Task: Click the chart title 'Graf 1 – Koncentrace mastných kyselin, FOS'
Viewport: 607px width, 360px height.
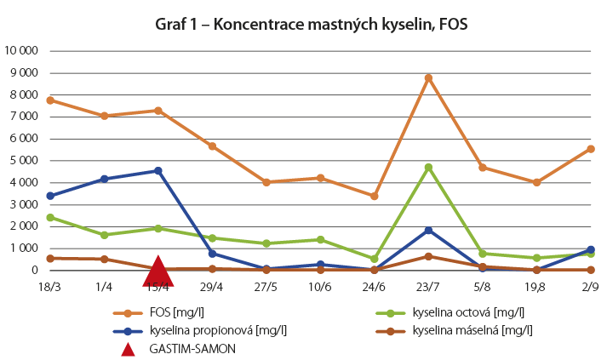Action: click(x=311, y=25)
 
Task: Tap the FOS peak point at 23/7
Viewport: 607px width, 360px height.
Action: click(x=428, y=77)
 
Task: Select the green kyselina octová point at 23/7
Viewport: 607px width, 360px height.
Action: click(x=428, y=167)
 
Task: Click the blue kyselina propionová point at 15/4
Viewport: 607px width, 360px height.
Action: click(x=158, y=171)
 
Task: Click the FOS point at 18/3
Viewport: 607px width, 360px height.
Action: click(x=50, y=100)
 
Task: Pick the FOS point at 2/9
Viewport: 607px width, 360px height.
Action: click(x=590, y=149)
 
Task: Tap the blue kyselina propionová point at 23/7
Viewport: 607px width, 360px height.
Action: click(x=428, y=230)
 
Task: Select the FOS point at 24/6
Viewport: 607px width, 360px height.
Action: click(x=375, y=196)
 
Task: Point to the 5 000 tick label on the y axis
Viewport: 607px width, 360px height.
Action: click(x=25, y=160)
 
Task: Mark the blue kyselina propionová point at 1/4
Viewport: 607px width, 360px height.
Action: click(x=105, y=179)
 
